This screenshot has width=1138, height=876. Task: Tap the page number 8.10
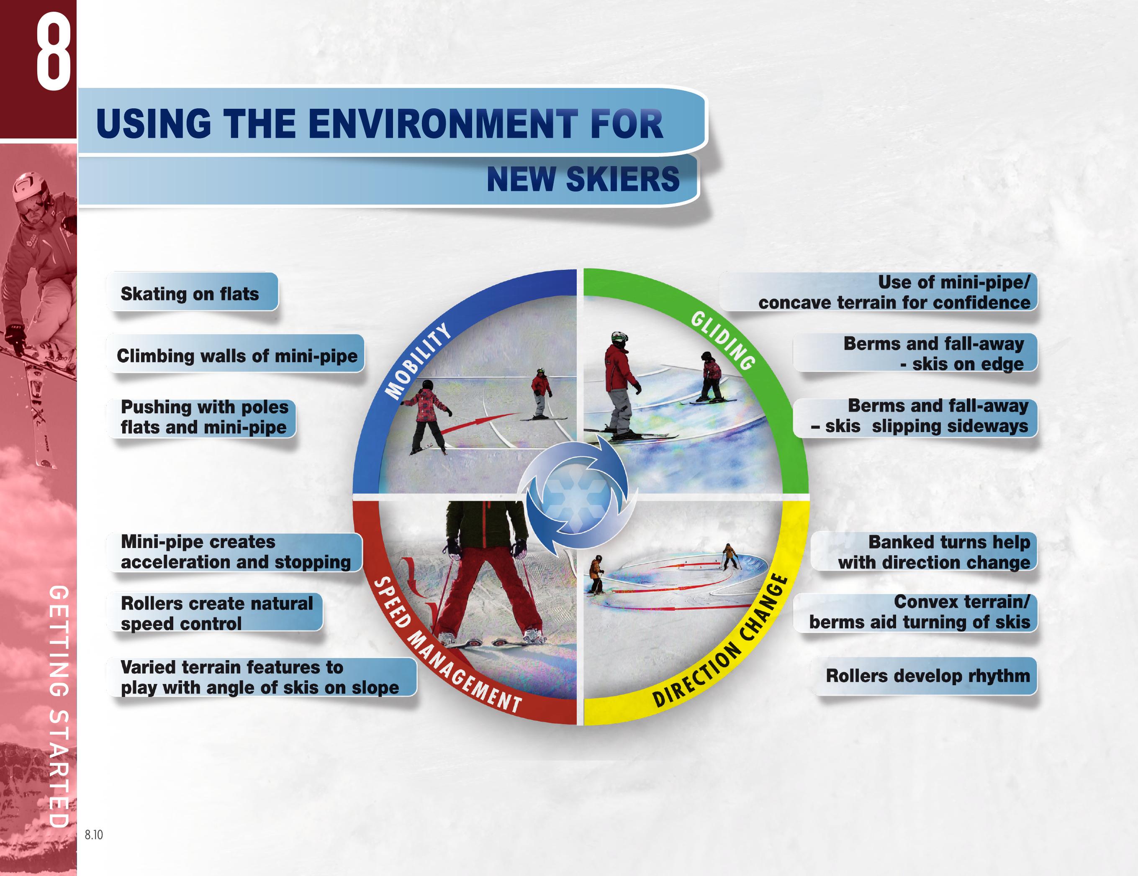coord(94,835)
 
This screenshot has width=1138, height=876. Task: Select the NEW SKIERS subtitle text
coord(583,179)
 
